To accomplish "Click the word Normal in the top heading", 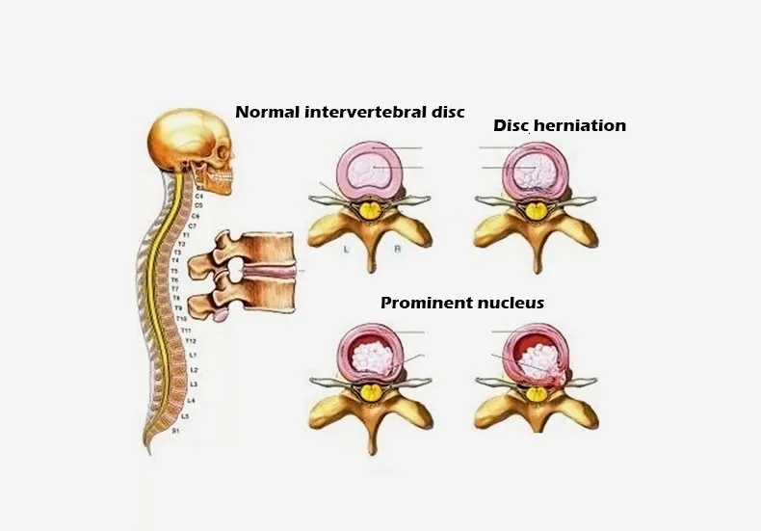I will coord(267,112).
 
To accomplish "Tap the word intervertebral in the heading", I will coord(358,112).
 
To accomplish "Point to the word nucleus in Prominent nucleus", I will coord(512,303).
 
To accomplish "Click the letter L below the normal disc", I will coord(343,249).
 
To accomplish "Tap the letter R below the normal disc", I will coord(398,249).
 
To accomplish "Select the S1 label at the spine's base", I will coord(176,431).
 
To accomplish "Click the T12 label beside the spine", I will coord(191,341).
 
